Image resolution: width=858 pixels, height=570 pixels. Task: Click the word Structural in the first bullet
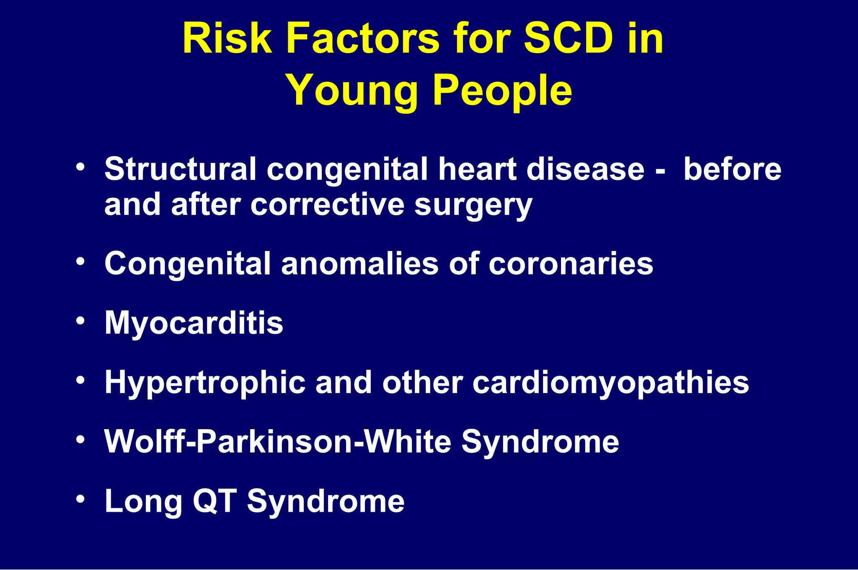point(180,169)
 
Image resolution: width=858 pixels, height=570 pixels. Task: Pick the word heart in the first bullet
point(478,169)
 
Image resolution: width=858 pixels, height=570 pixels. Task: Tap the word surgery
point(473,205)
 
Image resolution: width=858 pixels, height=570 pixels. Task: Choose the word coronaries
point(571,264)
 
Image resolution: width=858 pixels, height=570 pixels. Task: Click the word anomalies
point(360,264)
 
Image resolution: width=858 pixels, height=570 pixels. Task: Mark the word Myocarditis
point(194,323)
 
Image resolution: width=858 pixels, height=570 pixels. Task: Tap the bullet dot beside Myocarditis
point(81,321)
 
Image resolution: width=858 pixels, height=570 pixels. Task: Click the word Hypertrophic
point(205,383)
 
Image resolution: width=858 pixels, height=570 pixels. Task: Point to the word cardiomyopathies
point(611,383)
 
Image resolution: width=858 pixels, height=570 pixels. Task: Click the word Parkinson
point(275,442)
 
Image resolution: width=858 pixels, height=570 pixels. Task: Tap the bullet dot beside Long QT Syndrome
point(81,499)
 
